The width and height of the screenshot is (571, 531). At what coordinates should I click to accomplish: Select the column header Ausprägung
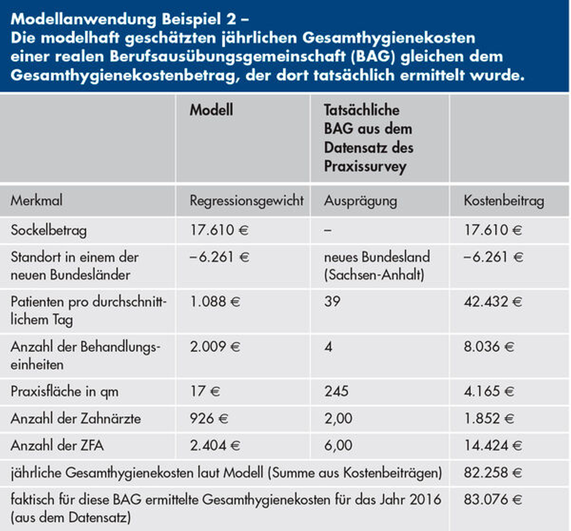360,200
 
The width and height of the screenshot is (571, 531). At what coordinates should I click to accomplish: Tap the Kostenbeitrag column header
504,200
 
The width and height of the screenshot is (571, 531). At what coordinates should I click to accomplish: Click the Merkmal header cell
36,200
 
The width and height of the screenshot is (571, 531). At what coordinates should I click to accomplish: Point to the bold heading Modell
211,110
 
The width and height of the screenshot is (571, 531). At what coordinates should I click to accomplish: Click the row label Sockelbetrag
49,230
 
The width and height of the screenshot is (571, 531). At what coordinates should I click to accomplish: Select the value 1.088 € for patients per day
215,301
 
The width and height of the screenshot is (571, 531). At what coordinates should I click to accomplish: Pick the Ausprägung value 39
332,301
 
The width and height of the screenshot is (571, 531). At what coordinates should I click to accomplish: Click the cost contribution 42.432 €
493,301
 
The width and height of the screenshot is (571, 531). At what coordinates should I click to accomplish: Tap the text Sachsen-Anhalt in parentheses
374,275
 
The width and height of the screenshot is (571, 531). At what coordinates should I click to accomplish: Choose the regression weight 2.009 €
215,346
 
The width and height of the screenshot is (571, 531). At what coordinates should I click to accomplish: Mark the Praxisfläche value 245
336,391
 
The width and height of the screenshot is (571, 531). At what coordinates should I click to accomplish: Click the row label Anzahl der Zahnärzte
76,418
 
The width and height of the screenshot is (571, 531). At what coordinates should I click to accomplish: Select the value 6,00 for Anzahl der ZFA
338,445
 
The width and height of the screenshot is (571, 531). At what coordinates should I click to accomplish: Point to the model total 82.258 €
493,472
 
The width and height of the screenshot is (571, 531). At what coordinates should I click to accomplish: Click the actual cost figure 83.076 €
493,499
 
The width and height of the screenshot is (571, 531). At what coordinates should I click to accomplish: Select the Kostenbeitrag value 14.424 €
493,445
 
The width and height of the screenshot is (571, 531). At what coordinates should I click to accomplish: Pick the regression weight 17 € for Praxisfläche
205,391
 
